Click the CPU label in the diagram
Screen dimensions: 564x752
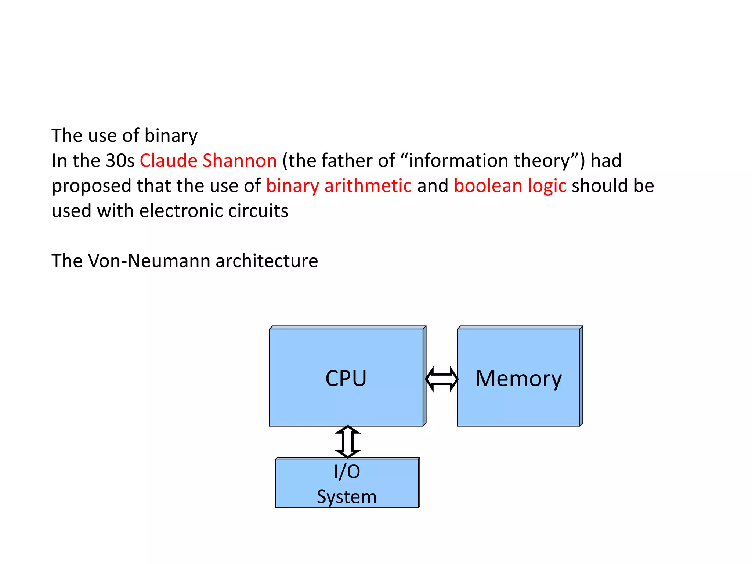pyautogui.click(x=346, y=378)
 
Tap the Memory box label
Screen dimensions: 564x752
pyautogui.click(x=518, y=378)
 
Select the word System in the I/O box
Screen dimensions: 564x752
pyautogui.click(x=347, y=497)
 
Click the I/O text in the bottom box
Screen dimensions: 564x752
pyautogui.click(x=347, y=471)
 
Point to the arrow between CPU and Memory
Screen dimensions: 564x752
pyautogui.click(x=441, y=379)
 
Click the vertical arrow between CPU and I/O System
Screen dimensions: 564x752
pyautogui.click(x=348, y=442)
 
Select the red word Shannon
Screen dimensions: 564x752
pyautogui.click(x=239, y=160)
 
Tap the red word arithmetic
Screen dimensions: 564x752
pyautogui.click(x=368, y=185)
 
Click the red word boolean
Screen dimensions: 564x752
pyautogui.click(x=488, y=185)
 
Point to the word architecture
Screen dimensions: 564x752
pyautogui.click(x=267, y=261)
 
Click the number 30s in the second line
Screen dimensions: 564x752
pyautogui.click(x=120, y=160)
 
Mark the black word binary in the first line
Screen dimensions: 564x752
pyautogui.click(x=171, y=136)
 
